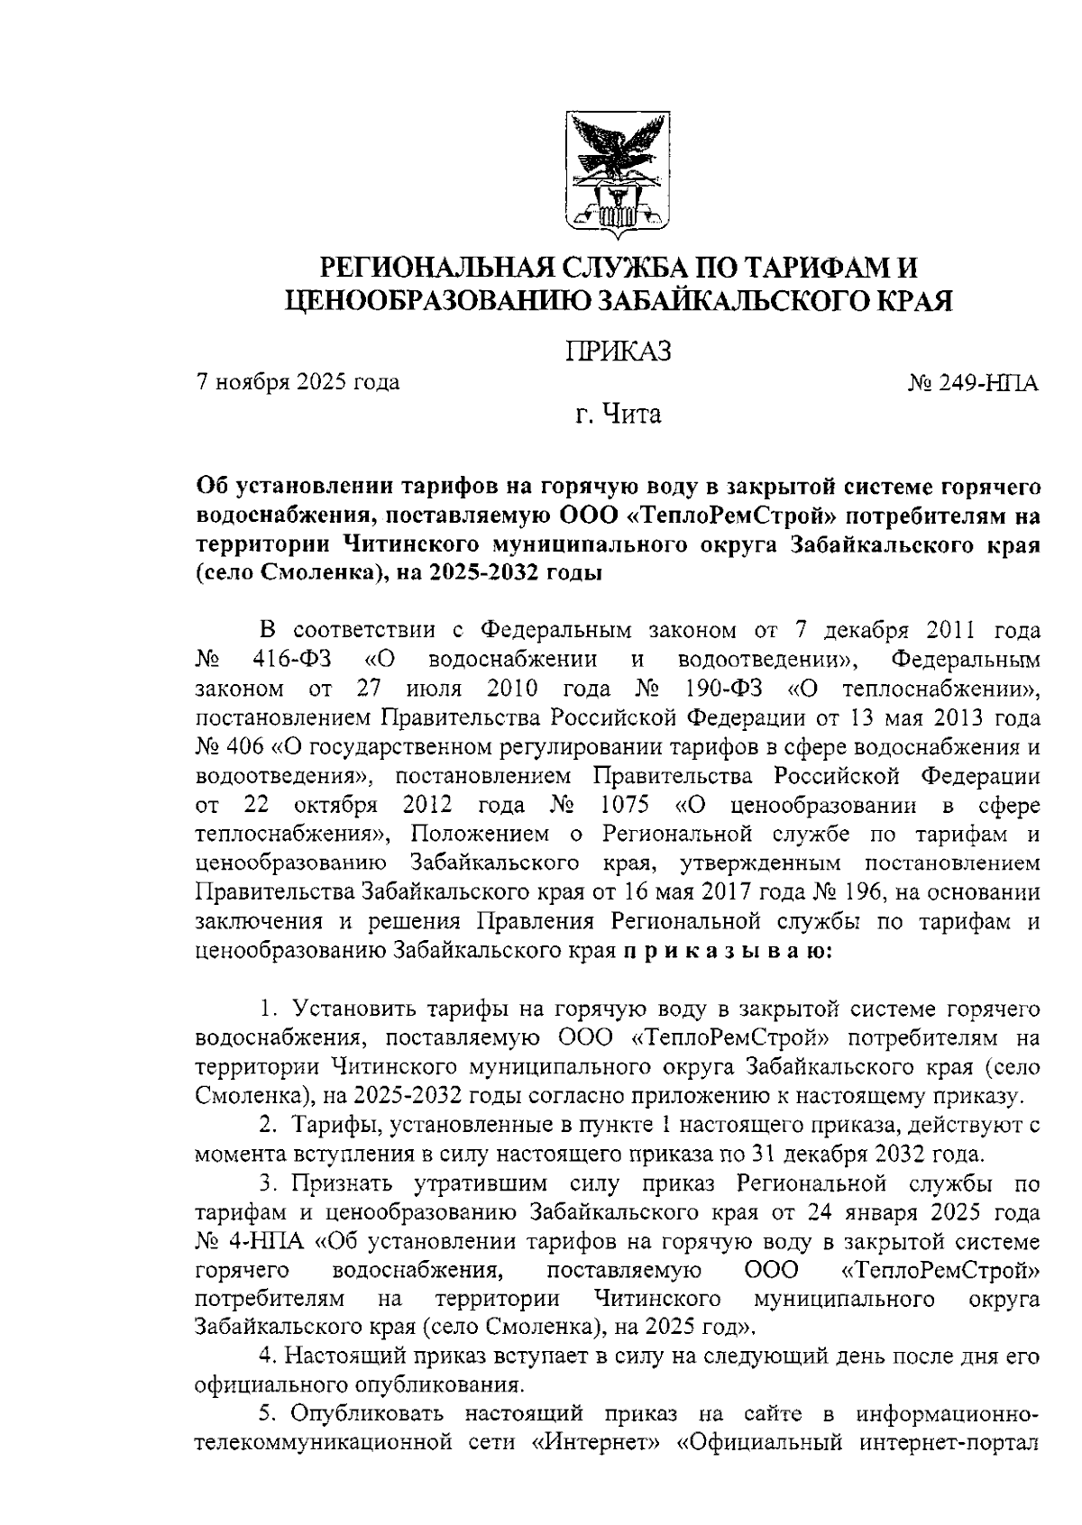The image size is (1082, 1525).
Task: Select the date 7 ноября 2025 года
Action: click(298, 382)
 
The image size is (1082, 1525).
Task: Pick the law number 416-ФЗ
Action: click(292, 660)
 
